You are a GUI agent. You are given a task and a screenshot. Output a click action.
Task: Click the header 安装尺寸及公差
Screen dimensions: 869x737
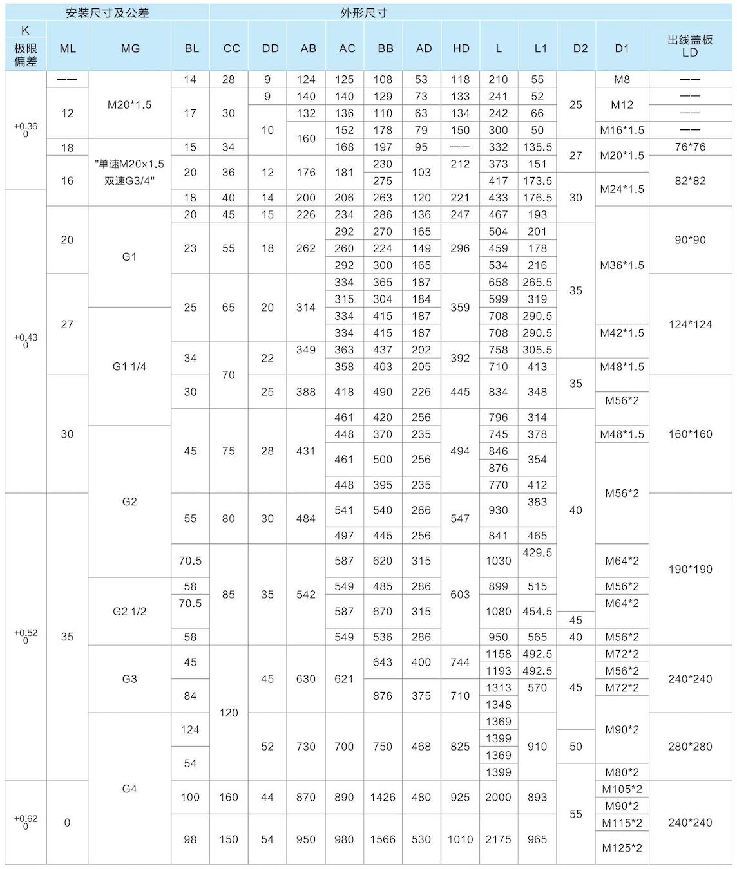pyautogui.click(x=108, y=13)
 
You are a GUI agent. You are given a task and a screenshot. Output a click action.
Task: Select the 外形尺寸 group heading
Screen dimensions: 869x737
pyautogui.click(x=364, y=13)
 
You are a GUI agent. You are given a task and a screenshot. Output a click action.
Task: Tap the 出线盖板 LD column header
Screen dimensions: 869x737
pyautogui.click(x=690, y=46)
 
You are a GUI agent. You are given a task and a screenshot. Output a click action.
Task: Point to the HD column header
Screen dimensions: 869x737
pyautogui.click(x=461, y=48)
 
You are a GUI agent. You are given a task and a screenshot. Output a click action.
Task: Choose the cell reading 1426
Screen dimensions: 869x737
pyautogui.click(x=383, y=797)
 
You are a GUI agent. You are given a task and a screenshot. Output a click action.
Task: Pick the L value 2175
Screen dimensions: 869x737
pyautogui.click(x=498, y=839)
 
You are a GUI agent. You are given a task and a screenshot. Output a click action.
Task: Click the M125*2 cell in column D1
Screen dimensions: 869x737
pyautogui.click(x=622, y=848)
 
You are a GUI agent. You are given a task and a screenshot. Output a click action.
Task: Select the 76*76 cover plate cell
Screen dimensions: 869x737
pyautogui.click(x=690, y=147)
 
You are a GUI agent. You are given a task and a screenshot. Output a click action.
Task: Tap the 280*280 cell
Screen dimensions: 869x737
pyautogui.click(x=690, y=747)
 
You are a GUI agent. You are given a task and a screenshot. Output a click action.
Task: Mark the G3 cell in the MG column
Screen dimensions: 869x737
pyautogui.click(x=129, y=678)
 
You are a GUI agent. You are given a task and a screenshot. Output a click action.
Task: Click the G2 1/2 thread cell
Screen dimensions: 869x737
pyautogui.click(x=129, y=612)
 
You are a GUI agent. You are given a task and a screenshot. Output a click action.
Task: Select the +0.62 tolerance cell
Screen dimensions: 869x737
pyautogui.click(x=26, y=821)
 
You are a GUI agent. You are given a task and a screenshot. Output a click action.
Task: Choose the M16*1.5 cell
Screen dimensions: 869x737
pyautogui.click(x=622, y=130)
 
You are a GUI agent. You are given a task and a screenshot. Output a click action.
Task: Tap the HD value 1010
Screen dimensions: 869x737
pyautogui.click(x=461, y=839)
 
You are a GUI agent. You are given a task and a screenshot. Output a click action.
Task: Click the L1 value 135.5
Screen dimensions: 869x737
pyautogui.click(x=537, y=147)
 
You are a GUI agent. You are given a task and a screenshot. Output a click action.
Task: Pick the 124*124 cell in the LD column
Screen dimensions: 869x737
pyautogui.click(x=690, y=324)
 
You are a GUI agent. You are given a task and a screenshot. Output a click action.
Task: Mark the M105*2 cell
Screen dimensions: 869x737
pyautogui.click(x=622, y=789)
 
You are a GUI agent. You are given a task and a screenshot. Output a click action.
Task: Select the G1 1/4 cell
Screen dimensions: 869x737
pyautogui.click(x=129, y=366)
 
